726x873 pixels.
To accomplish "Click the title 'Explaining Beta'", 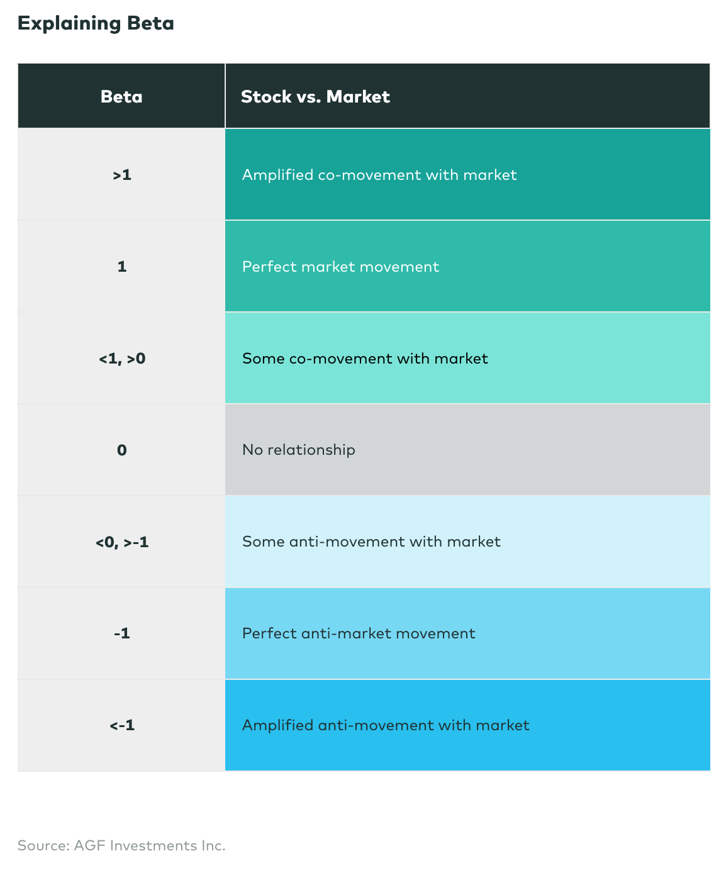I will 96,23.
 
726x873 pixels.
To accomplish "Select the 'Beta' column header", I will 121,96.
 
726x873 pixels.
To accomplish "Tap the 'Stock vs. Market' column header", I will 315,96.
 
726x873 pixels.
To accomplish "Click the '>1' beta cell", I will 122,175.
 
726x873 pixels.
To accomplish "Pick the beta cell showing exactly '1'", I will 122,267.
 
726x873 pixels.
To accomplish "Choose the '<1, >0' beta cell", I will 122,359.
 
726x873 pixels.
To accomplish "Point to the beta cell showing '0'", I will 122,450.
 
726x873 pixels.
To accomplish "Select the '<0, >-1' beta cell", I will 122,542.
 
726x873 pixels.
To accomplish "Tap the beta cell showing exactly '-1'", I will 122,633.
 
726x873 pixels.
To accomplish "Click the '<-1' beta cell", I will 122,725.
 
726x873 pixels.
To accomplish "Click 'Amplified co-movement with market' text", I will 379,175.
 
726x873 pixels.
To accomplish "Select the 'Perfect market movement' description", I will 340,267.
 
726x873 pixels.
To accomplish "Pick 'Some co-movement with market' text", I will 365,359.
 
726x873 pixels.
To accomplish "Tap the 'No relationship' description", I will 298,450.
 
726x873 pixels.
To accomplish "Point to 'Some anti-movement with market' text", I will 371,542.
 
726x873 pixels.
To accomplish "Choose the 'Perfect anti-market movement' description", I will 359,633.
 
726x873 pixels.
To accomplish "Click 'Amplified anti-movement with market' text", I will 386,725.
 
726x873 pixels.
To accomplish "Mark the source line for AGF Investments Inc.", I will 121,845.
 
